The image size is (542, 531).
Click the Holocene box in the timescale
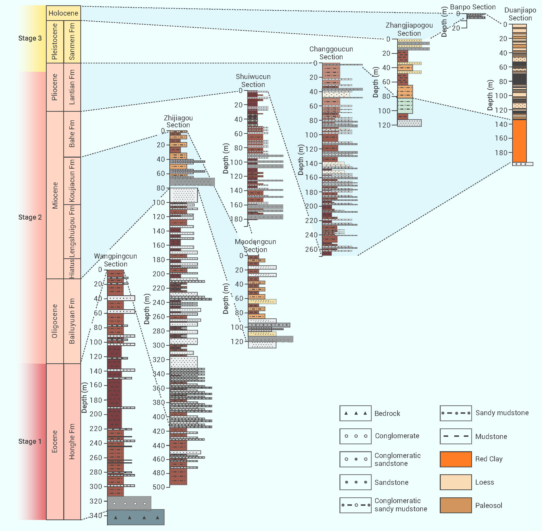coord(63,13)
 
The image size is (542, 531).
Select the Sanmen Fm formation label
coord(72,42)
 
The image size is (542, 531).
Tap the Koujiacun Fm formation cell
coord(72,181)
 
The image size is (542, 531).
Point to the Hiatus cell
coord(72,269)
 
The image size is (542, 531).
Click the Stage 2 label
coord(30,217)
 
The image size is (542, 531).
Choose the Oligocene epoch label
coord(55,321)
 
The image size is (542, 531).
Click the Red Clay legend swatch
coord(455,459)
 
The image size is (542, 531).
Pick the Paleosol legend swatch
coord(455,505)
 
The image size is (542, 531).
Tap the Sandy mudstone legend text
coord(502,413)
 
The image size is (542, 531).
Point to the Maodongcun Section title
coord(255,246)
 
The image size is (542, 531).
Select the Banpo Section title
coord(472,7)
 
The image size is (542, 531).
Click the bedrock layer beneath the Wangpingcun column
coord(136,517)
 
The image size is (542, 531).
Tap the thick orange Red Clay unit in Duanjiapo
coord(519,141)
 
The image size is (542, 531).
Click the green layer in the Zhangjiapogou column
coord(405,105)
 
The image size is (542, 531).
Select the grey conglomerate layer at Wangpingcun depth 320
coord(129,503)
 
